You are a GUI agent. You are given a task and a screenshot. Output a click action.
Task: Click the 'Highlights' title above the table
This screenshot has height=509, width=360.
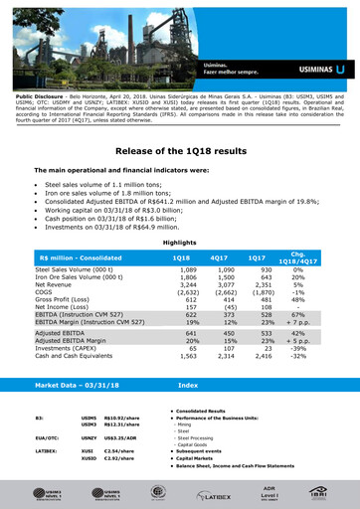pyautogui.click(x=179, y=242)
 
